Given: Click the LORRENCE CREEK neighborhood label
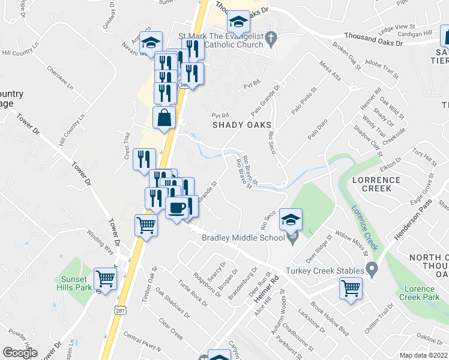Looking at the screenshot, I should tap(380, 184).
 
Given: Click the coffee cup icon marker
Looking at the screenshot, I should tap(176, 208).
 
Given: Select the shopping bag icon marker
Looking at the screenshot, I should tap(164, 118).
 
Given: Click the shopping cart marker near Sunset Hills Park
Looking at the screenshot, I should tap(106, 278).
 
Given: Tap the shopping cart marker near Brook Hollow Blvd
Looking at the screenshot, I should tap(351, 288).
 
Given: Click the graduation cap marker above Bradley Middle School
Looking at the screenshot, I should tap(291, 220).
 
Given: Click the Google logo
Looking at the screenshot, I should tap(20, 353).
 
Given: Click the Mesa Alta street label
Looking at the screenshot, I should tap(331, 71).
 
